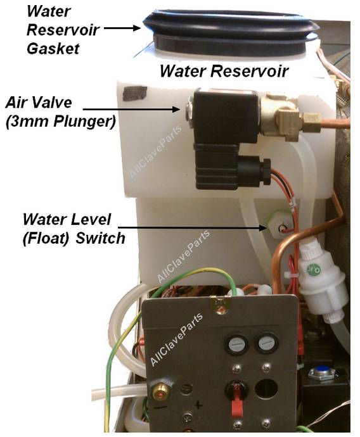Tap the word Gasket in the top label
[53, 49]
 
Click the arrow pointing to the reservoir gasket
[122, 28]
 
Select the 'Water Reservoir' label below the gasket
[224, 71]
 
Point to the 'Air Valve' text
[39, 102]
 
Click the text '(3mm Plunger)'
[60, 122]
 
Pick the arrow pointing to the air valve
[131, 109]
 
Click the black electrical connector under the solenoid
[231, 167]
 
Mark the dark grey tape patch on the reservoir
[135, 93]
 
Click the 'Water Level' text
[67, 219]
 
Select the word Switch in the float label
[100, 238]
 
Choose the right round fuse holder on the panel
[267, 343]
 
